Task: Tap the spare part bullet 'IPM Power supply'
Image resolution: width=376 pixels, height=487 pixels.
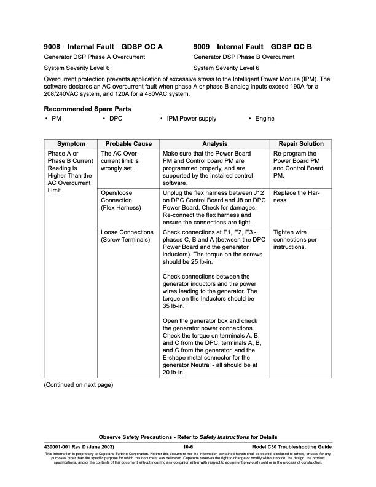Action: point(191,119)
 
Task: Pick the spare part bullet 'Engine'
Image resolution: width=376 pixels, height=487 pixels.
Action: point(265,119)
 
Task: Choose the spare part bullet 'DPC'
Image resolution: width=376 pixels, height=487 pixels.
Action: point(116,119)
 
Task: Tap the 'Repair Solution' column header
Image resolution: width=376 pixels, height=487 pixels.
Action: point(296,144)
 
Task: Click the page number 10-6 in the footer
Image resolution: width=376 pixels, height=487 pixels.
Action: point(189,446)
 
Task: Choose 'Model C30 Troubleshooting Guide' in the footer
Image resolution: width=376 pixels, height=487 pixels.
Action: point(292,446)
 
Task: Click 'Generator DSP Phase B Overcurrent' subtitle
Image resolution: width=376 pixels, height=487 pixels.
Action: point(243,57)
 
